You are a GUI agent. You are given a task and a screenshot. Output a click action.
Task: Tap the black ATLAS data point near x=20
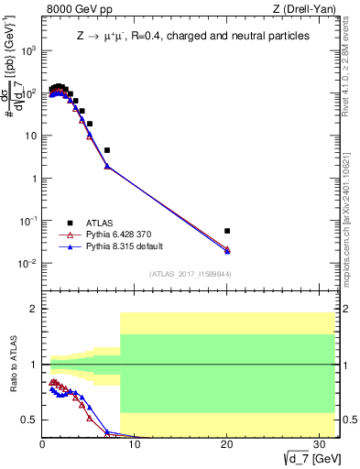pyautogui.click(x=227, y=231)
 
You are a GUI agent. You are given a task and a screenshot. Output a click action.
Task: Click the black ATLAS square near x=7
pyautogui.click(x=107, y=150)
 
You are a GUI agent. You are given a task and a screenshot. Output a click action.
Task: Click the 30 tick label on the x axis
pyautogui.click(x=319, y=444)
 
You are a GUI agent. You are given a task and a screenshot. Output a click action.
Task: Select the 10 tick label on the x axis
pyautogui.click(x=135, y=444)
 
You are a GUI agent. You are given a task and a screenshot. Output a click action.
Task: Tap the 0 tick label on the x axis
pyautogui.click(x=43, y=444)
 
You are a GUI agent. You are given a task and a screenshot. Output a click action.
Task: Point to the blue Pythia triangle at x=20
pyautogui.click(x=227, y=251)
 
